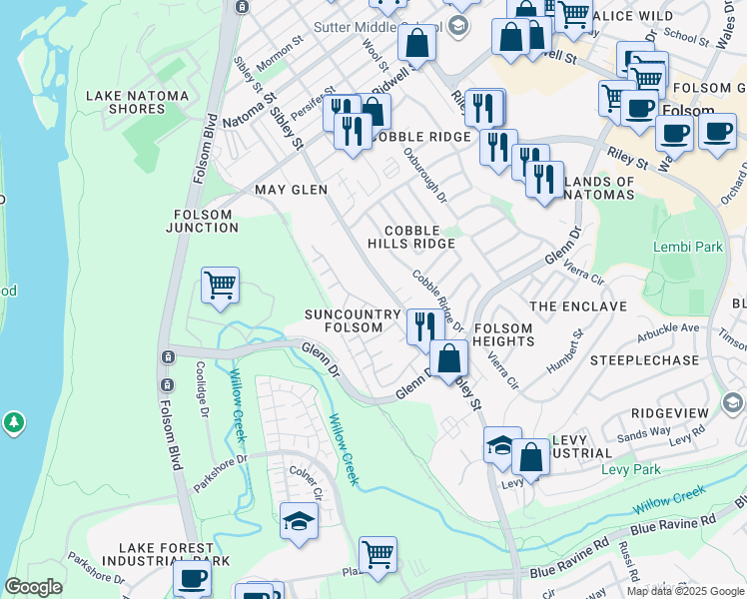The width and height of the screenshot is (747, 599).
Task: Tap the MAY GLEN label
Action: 291,190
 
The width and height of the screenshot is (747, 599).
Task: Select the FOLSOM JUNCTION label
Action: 206,221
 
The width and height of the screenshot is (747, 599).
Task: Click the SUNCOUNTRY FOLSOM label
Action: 344,321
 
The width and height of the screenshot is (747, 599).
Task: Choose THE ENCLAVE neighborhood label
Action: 578,306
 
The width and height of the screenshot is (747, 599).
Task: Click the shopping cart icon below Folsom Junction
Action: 220,286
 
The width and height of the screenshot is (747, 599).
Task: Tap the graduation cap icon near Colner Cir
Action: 299,521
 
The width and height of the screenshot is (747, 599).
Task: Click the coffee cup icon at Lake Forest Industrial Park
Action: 192,578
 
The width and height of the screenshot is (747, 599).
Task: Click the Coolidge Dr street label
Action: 203,389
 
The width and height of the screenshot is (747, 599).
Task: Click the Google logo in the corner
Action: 33,587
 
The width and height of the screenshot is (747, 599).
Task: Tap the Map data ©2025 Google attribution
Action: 685,591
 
